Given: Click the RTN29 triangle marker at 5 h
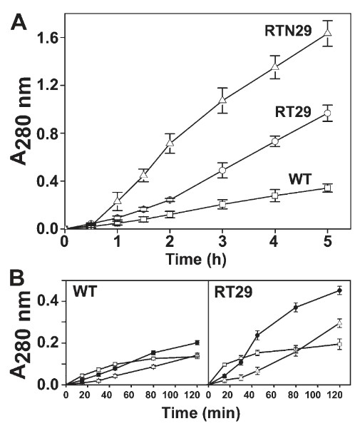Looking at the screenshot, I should pos(327,33).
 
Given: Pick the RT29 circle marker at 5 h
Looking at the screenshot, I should pos(327,113).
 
